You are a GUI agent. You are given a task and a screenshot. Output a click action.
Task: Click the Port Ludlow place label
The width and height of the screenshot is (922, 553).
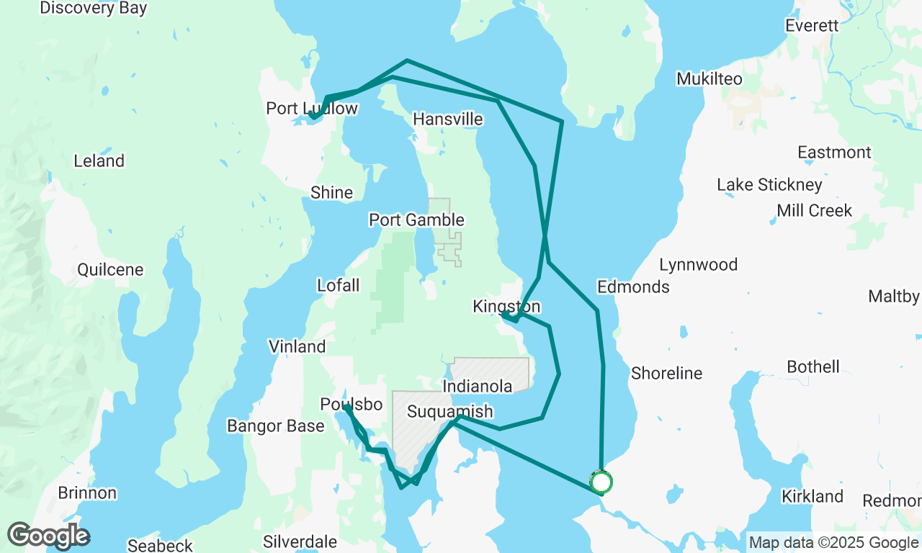[311, 109]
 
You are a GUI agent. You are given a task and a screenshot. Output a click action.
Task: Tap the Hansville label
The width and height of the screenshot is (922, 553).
[447, 120]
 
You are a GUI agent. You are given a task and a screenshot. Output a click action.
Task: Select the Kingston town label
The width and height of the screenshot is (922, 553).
[506, 307]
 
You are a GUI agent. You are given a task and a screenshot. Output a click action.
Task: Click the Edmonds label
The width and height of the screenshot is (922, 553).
[633, 287]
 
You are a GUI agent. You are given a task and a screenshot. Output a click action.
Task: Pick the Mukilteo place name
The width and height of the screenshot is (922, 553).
[709, 79]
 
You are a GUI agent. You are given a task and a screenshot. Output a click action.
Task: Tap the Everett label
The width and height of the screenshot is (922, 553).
[812, 26]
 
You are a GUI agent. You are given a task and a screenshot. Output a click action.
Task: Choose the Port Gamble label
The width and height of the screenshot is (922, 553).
[416, 220]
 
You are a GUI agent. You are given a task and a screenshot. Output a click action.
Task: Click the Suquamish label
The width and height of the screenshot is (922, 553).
[449, 412]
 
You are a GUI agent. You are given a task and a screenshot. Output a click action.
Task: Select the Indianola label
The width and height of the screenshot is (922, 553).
[477, 387]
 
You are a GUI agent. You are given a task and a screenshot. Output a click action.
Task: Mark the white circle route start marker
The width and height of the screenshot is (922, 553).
[601, 482]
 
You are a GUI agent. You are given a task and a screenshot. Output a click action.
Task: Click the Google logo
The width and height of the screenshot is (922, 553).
[48, 536]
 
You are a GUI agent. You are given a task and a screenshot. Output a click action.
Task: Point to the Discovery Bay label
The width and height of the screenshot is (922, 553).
[94, 9]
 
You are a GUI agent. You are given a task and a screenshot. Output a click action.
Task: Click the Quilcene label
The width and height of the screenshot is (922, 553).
[110, 270]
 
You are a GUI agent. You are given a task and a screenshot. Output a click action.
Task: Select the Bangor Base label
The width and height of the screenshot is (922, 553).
[275, 426]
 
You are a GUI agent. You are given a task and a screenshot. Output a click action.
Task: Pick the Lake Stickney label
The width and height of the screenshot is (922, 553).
[769, 186]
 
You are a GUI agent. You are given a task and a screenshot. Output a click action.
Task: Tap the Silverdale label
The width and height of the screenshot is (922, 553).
[300, 541]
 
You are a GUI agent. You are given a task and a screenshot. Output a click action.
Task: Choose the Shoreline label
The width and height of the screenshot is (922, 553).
[666, 374]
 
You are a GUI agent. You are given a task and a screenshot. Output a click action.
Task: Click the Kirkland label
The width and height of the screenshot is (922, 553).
[812, 496]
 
